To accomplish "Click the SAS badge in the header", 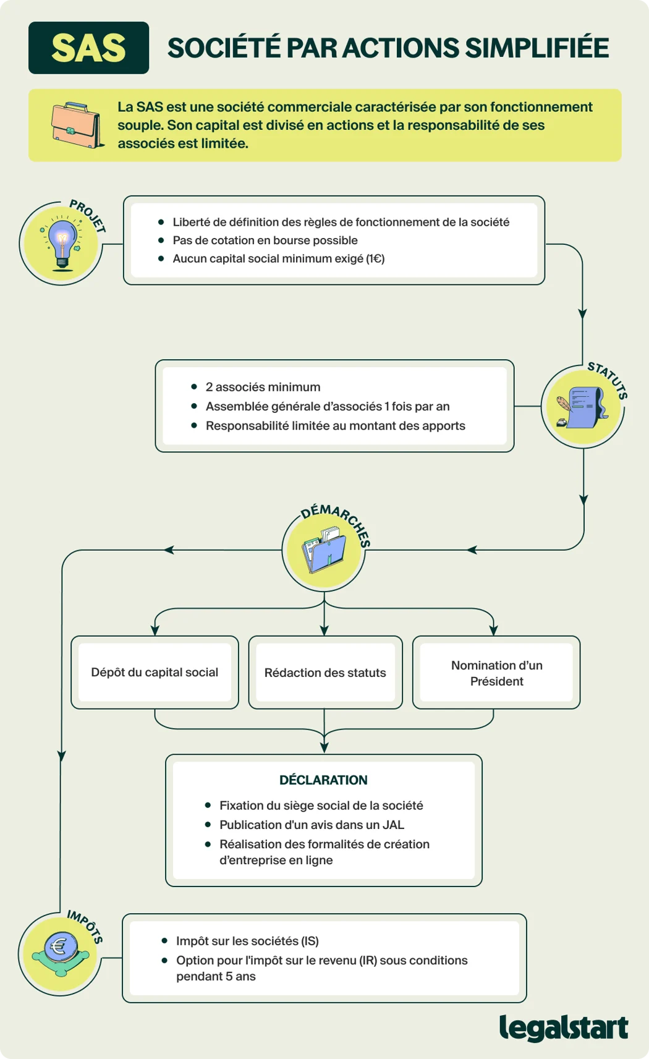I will click(88, 48).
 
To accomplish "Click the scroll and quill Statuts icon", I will click(582, 407).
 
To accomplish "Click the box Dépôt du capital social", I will click(155, 673).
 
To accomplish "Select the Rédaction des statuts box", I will click(325, 673).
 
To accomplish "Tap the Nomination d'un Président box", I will click(496, 673).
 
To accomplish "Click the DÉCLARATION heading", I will click(323, 780).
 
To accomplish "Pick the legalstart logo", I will click(563, 1028).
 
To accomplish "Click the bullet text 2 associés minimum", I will click(263, 387).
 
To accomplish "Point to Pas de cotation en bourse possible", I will click(265, 240).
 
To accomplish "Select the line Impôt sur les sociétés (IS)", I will click(247, 941).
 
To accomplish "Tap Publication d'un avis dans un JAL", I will click(312, 825).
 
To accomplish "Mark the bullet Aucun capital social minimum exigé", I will click(278, 258).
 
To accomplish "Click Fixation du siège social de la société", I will click(321, 806).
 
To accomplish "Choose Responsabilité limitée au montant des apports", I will click(335, 426).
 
